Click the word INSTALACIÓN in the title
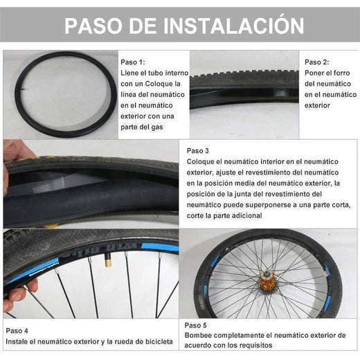pos(233,26)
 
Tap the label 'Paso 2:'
pos(317,62)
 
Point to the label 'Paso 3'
pos(198,150)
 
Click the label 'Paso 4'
pos(17,330)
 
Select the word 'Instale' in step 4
pos(18,341)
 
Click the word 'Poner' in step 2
pos(316,73)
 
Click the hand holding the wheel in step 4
pos(15,294)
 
